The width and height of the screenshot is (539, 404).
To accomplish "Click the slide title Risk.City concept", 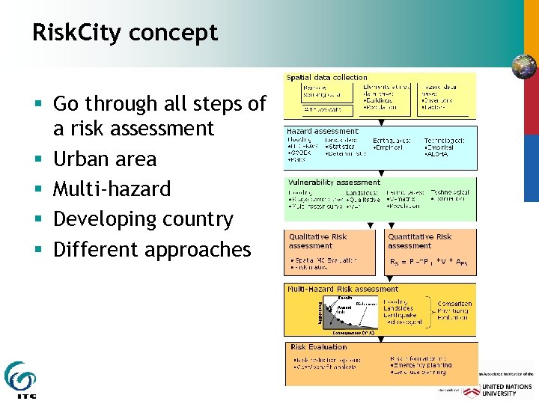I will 125,32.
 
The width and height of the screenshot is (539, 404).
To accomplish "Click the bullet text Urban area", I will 105,159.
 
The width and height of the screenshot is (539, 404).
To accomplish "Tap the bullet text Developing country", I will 143,219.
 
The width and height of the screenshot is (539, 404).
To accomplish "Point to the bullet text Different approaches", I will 152,249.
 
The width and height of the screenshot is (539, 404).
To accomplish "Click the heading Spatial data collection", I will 326,77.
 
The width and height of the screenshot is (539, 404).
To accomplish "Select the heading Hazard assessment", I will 323,131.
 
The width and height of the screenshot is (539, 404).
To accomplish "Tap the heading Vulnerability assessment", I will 335,182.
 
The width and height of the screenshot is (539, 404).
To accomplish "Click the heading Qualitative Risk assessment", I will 318,241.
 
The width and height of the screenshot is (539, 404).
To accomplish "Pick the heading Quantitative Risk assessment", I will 419,241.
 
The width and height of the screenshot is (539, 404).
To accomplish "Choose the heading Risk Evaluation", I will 318,347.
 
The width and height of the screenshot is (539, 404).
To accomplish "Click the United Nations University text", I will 508,389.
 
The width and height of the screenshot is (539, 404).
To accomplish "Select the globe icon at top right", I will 523,67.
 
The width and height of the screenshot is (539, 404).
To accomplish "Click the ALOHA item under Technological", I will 436,153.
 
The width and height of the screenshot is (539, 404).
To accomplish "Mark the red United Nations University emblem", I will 471,391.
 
